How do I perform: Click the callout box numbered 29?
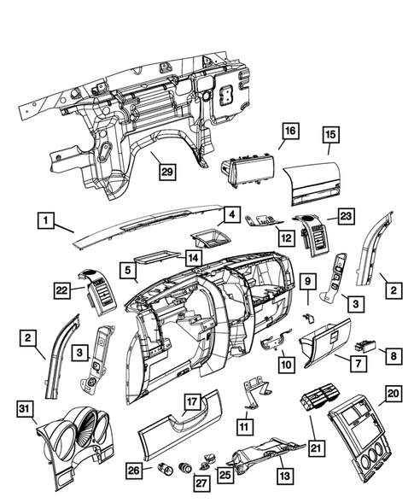[168, 171]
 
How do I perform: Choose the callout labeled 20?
[393, 393]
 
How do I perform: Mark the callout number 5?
[128, 272]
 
